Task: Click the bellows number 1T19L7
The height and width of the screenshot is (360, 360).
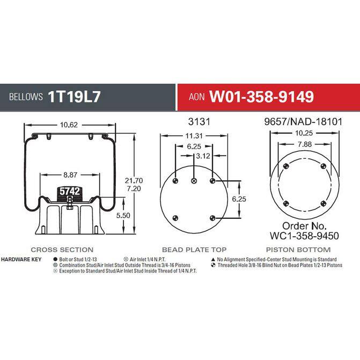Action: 74,97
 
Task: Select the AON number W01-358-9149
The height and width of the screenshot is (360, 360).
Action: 261,97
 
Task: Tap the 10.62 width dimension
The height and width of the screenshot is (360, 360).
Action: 69,125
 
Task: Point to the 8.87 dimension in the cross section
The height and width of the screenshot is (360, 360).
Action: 70,175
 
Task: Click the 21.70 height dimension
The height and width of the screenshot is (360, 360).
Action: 134,180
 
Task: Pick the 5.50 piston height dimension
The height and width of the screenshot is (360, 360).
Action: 123,215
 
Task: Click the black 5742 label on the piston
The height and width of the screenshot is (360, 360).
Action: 70,191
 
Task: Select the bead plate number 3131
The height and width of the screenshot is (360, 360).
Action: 199,122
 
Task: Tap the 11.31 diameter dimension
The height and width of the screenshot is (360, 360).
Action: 194,136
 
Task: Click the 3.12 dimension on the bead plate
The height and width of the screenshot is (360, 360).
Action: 203,156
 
